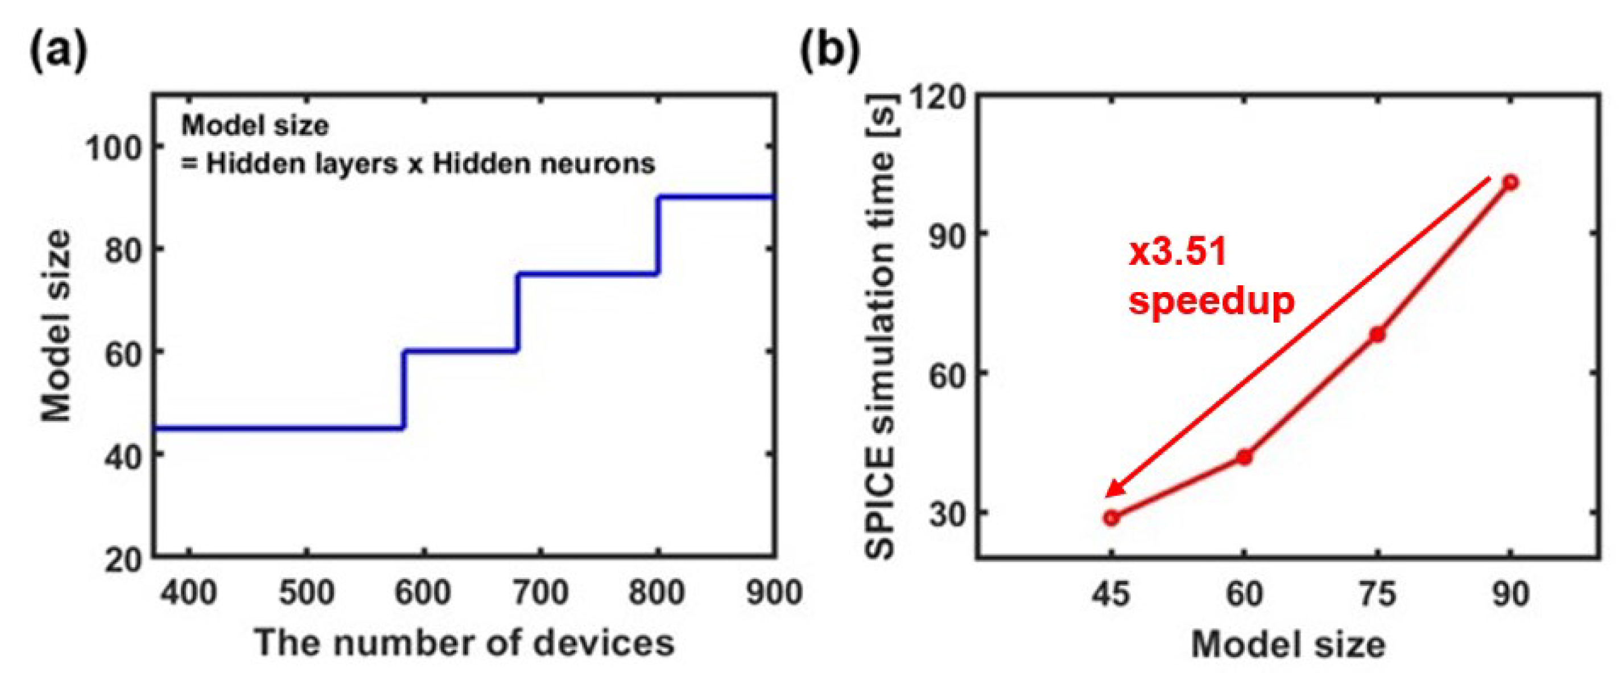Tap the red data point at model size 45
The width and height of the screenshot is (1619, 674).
(1111, 518)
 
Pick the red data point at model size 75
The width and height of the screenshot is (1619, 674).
(1378, 334)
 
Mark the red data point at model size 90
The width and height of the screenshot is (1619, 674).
(1510, 182)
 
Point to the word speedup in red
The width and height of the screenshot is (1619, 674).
(1211, 302)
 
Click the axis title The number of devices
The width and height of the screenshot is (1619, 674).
(464, 642)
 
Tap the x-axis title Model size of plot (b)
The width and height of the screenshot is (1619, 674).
(1288, 643)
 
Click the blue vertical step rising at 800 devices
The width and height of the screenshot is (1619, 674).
(658, 235)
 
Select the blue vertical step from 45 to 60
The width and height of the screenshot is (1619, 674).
(403, 389)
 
